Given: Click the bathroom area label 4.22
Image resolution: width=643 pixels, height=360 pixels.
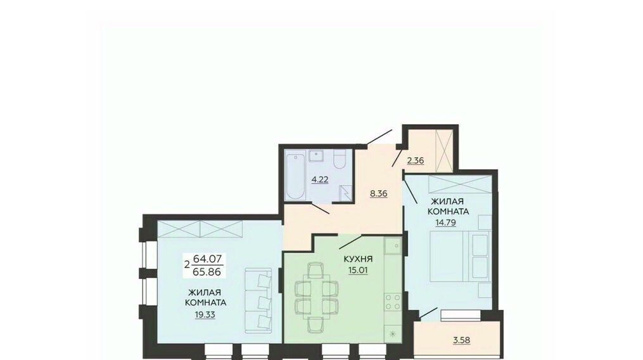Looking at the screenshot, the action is coord(320,179).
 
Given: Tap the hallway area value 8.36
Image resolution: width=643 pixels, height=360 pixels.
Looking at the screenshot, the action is coord(378,193).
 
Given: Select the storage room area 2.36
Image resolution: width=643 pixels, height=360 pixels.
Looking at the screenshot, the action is coord(416,160).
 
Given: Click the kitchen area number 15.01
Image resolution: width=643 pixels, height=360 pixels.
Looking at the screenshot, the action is coord(358,270).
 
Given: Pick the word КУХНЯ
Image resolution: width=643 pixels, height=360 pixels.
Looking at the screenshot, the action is coord(358,259).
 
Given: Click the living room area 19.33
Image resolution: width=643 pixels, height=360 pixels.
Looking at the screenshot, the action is coord(205,314).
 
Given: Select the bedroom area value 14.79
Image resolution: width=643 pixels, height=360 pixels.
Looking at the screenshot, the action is coord(446,222).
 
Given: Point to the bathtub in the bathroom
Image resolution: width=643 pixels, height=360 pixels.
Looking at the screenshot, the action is coord(295,176).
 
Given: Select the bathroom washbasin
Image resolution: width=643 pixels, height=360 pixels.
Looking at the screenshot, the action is coord(315,156).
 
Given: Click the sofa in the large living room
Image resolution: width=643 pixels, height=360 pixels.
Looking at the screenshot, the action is coord(258,300).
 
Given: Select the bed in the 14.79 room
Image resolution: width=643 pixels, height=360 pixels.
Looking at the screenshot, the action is coord(460,257).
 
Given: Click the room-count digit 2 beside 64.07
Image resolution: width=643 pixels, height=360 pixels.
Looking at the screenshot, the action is coord(187,265).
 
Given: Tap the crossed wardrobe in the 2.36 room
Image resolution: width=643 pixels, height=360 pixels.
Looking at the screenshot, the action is coord(445,150).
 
